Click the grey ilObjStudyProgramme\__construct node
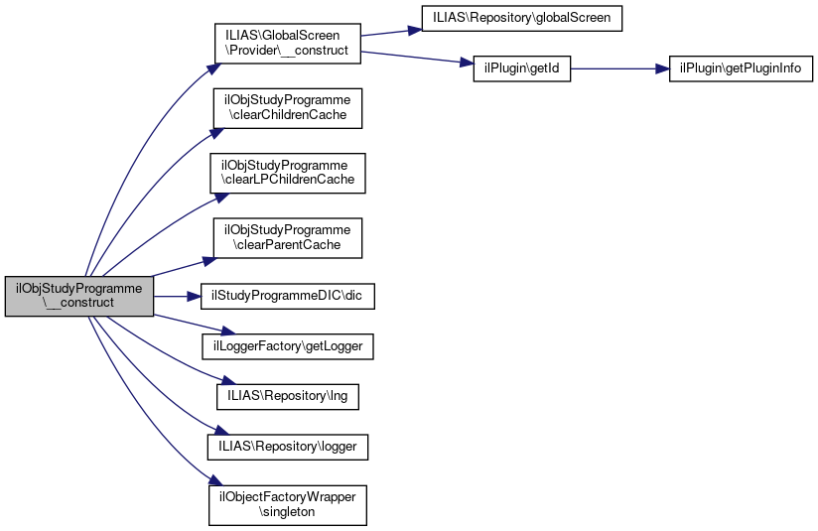(x=79, y=296)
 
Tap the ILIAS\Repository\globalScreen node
(x=521, y=18)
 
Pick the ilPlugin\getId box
(x=517, y=69)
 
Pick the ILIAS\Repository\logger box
(x=288, y=448)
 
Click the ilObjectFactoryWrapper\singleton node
(x=287, y=505)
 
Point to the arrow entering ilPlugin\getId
(x=417, y=58)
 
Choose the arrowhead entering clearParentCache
(x=209, y=261)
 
